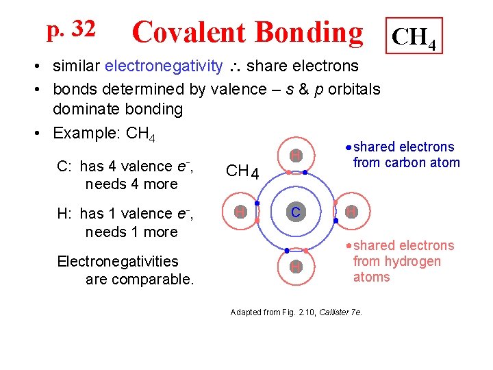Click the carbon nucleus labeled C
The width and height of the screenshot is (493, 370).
point(295,212)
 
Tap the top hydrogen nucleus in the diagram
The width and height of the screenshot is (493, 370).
point(295,156)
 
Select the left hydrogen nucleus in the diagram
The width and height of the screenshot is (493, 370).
point(240,212)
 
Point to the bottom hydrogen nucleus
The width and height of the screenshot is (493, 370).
point(295,267)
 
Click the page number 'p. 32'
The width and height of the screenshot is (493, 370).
point(71,29)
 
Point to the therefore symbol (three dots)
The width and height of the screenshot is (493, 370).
point(234,66)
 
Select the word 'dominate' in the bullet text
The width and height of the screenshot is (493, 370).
point(87,109)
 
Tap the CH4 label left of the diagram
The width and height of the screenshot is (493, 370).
point(242,171)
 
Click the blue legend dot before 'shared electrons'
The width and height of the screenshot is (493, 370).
point(349,148)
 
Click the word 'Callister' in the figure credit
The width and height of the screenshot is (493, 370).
point(336,312)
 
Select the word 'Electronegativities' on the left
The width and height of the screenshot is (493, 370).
point(118,261)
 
